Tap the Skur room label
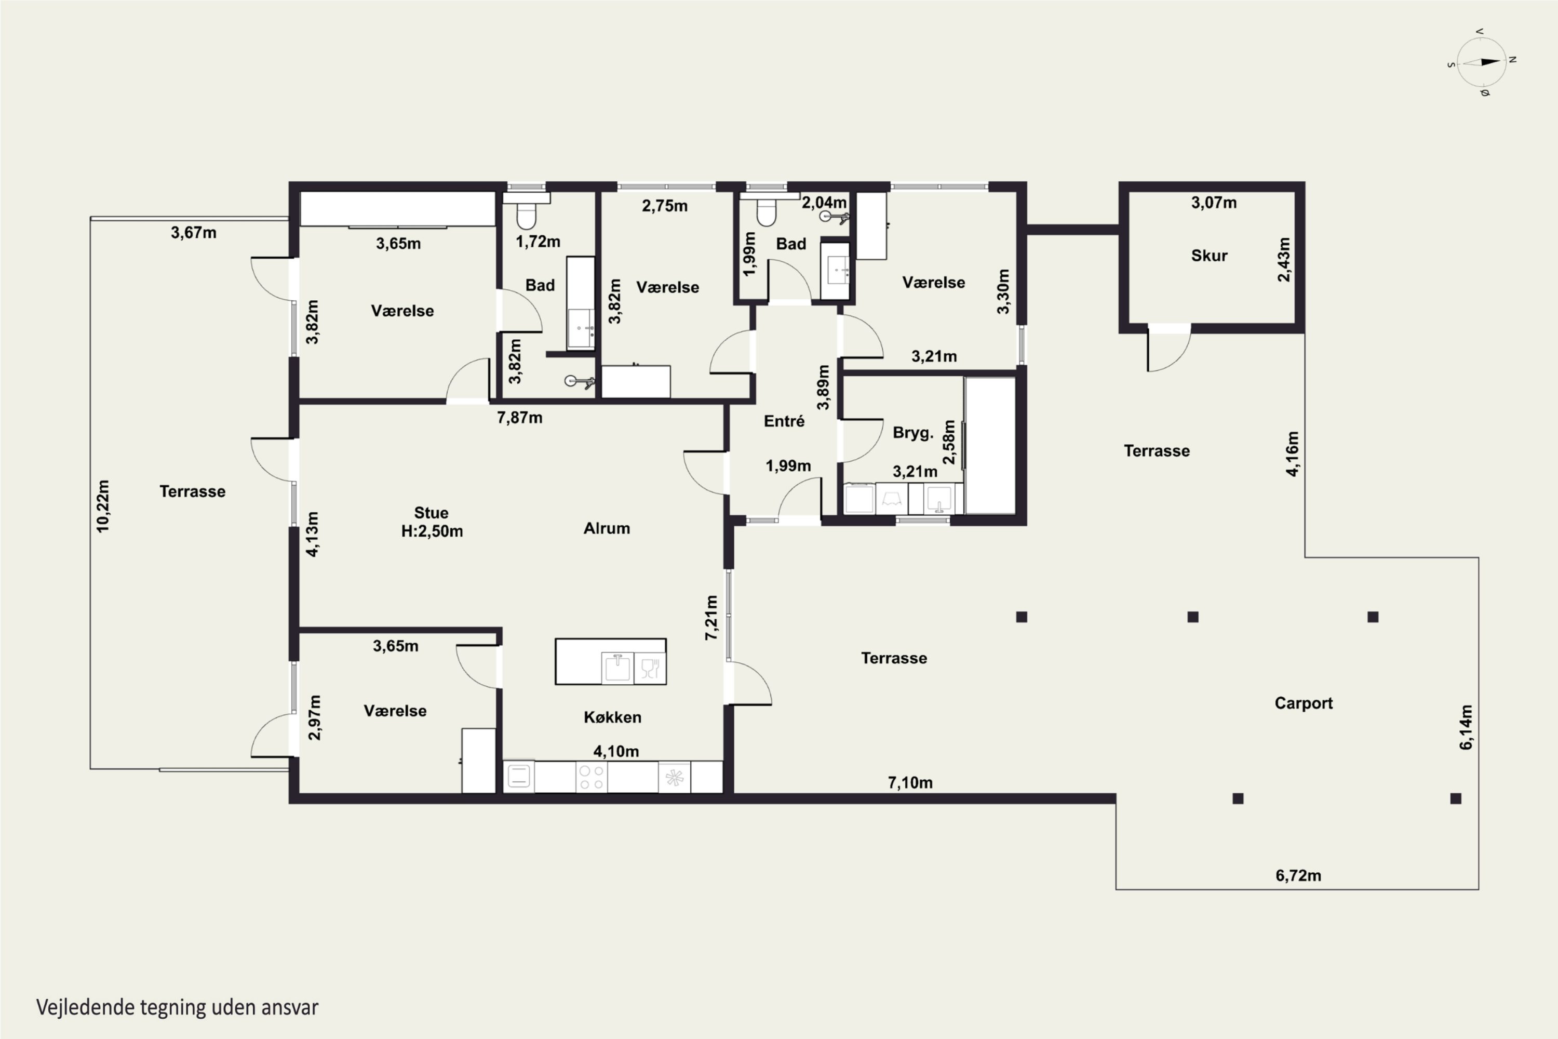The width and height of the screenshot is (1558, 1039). click(1209, 256)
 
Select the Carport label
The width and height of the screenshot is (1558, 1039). click(1303, 703)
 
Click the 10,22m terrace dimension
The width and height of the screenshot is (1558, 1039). click(103, 505)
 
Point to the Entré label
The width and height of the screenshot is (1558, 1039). click(784, 421)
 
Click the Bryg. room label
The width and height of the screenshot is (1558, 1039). click(913, 433)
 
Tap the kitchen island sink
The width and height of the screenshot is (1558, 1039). click(617, 667)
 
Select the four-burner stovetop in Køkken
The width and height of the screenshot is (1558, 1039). click(591, 777)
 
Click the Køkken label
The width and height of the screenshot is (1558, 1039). click(612, 717)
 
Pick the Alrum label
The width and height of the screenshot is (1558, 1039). click(606, 528)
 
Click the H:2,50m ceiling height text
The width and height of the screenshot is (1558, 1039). click(432, 531)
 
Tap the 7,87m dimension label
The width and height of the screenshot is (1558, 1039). click(519, 418)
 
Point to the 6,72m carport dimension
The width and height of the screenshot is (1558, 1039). click(1298, 875)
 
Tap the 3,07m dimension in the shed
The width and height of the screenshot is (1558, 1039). click(1214, 203)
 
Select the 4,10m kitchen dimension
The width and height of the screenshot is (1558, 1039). click(616, 751)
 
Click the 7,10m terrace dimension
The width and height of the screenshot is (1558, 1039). click(910, 782)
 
